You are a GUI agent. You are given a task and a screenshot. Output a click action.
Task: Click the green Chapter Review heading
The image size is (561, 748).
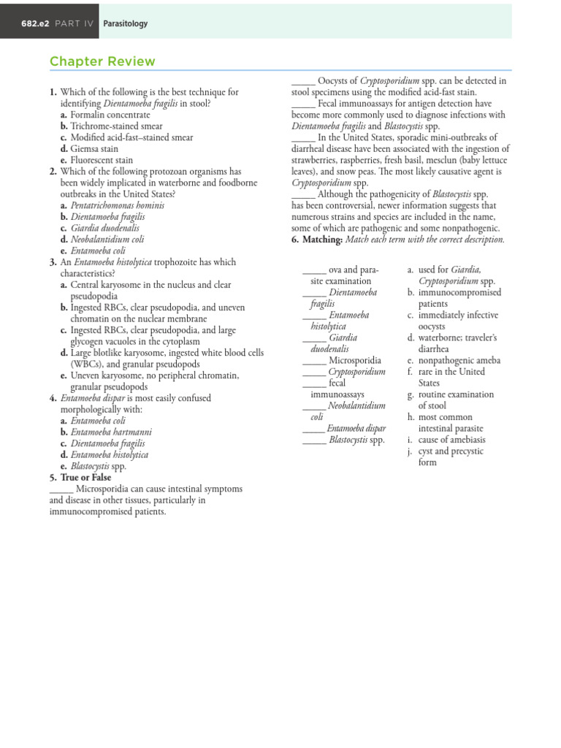pos(102,61)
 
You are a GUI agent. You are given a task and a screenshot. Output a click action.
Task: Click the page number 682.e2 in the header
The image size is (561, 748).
pos(36,23)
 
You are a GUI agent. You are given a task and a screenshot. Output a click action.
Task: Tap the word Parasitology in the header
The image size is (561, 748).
pos(125,23)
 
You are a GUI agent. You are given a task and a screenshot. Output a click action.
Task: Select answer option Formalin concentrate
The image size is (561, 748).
pos(110,115)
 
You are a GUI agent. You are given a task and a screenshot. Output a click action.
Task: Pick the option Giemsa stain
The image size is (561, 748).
pos(94,148)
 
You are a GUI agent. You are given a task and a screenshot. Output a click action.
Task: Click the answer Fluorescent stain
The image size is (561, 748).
pos(102,160)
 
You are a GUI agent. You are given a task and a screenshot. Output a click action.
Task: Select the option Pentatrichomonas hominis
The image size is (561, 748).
pos(118,205)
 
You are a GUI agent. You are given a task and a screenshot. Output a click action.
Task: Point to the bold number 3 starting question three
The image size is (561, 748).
pos(53,262)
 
